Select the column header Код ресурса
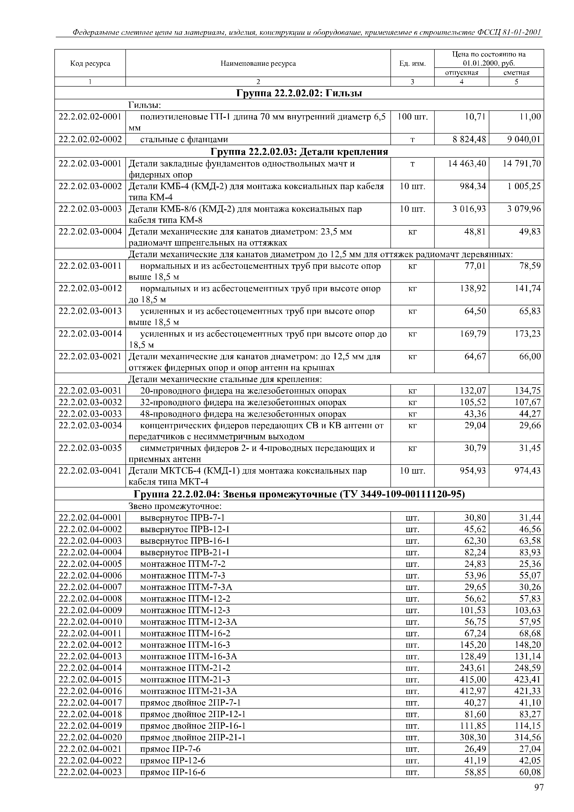click(x=90, y=64)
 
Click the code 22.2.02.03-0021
click(x=90, y=356)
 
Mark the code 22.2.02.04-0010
click(x=90, y=622)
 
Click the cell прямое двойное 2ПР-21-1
click(x=193, y=737)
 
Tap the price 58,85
click(x=475, y=772)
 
